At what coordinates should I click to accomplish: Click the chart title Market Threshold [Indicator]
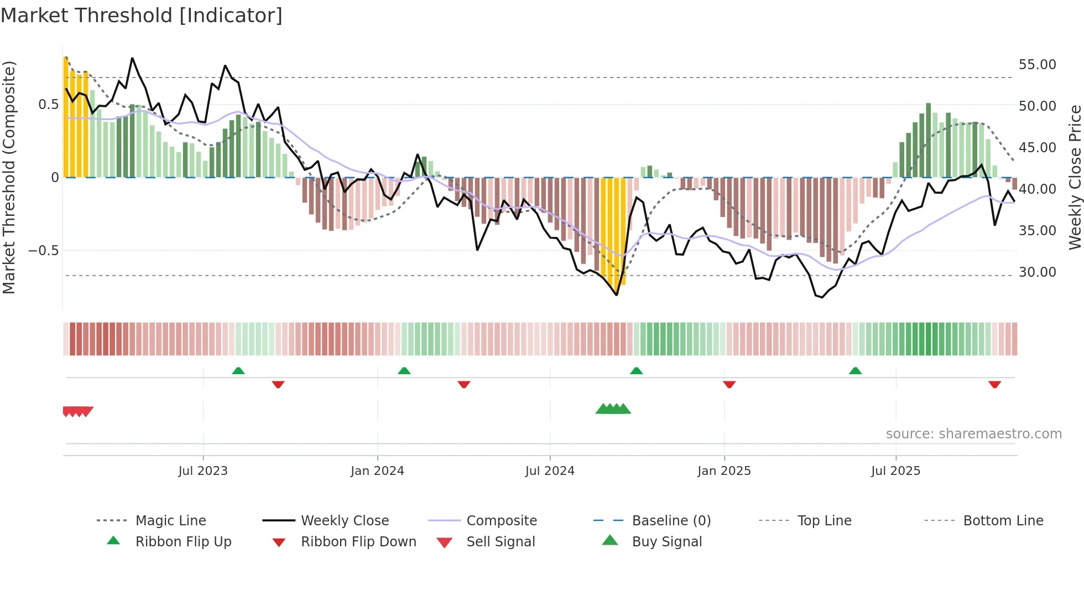click(x=142, y=15)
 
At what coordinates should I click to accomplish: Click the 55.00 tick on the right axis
click(x=1037, y=65)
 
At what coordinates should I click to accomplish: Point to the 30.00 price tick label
click(x=1037, y=272)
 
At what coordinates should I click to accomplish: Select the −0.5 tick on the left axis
click(x=43, y=251)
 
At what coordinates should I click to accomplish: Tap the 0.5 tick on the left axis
click(x=48, y=105)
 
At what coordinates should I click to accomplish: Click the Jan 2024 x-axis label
click(x=377, y=471)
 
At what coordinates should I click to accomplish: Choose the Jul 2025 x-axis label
click(x=895, y=471)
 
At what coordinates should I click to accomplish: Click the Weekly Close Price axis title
click(x=1075, y=177)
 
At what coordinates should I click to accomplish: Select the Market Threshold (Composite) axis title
click(x=9, y=177)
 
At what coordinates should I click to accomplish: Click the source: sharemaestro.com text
click(x=973, y=434)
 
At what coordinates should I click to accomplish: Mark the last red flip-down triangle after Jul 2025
click(x=994, y=384)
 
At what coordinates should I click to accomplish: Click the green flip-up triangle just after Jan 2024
click(x=404, y=371)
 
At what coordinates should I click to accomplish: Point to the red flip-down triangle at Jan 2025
click(x=729, y=384)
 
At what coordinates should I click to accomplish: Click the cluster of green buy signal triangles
click(x=613, y=409)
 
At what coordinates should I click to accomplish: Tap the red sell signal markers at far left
click(x=78, y=411)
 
